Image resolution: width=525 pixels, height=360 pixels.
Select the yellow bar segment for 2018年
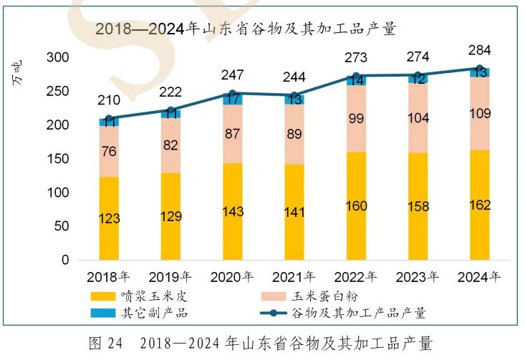[109, 218]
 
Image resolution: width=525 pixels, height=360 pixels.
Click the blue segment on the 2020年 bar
[233, 99]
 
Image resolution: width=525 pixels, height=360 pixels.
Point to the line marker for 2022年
[356, 76]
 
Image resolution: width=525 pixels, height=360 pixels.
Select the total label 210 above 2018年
[109, 100]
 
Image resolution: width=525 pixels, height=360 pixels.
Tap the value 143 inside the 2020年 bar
[233, 212]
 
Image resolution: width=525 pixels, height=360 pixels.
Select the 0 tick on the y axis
[64, 261]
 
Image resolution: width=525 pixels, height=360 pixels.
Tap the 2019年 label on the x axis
[170, 276]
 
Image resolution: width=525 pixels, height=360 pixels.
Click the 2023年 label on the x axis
[418, 276]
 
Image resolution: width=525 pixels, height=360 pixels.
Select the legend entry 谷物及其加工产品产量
[358, 313]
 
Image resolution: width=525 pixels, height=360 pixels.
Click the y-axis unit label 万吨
[19, 74]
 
